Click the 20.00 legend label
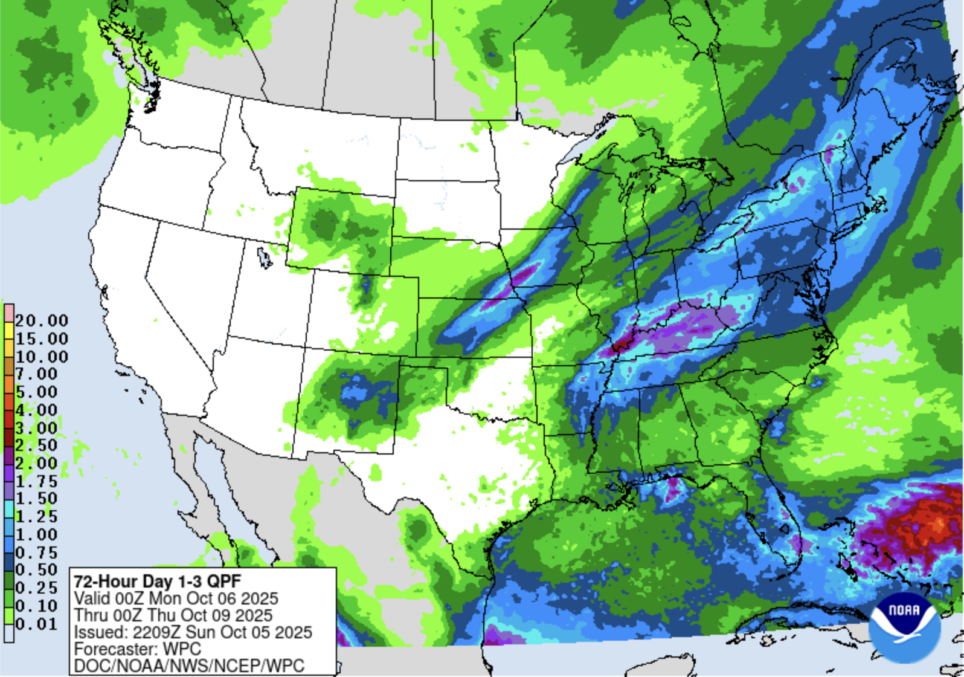tap(41, 320)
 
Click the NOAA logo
tap(904, 627)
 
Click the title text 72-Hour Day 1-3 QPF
tap(157, 581)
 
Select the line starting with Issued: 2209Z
tap(193, 632)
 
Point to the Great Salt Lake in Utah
tap(264, 257)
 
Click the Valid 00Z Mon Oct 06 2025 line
tap(176, 598)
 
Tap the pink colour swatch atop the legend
tap(8, 313)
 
